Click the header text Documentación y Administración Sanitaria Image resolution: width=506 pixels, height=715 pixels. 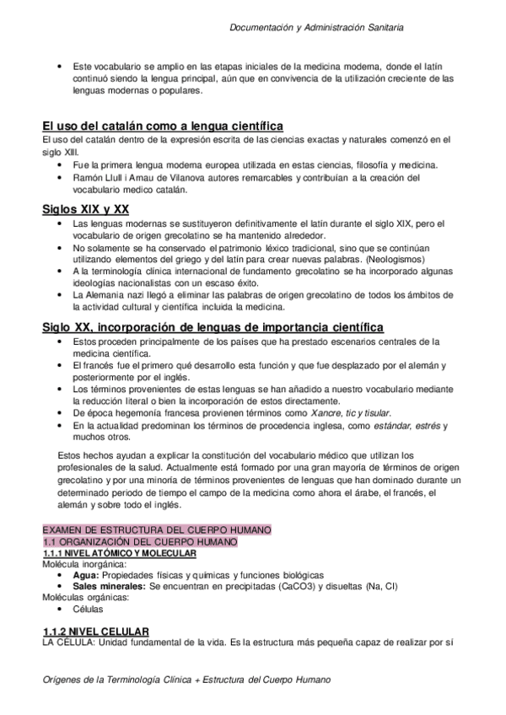pos(316,28)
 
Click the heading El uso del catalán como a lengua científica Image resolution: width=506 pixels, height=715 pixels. pos(156,126)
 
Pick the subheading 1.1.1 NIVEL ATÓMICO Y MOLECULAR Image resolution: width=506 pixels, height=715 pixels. pos(120,553)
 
